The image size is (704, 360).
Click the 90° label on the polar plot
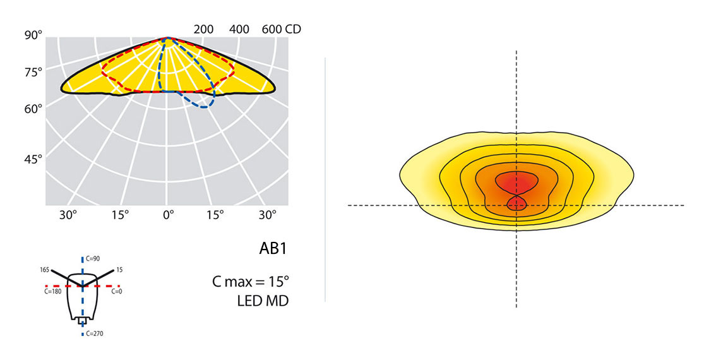click(x=33, y=35)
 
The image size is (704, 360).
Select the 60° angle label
click(x=33, y=109)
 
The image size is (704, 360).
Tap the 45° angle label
click(x=33, y=159)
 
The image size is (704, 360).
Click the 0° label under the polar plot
click(x=167, y=215)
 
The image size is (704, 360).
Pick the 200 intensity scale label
click(x=204, y=29)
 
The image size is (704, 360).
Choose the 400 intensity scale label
click(x=239, y=29)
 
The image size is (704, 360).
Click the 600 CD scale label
click(x=281, y=29)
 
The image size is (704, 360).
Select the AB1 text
click(x=273, y=248)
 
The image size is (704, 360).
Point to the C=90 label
click(x=93, y=258)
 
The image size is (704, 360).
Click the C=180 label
click(x=53, y=292)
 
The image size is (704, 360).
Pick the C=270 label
click(x=95, y=333)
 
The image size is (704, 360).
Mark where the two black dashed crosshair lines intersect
click(x=516, y=205)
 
